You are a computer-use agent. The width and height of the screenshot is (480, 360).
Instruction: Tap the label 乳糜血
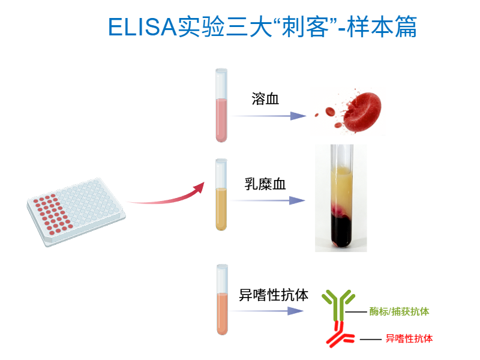[265, 184]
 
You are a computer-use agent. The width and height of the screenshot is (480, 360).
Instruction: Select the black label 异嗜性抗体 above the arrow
[274, 295]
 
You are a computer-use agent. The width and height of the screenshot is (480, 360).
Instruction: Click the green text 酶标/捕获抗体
[399, 311]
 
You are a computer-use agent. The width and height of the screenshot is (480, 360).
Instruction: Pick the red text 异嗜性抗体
[409, 338]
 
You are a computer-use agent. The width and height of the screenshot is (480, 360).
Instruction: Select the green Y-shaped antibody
[338, 304]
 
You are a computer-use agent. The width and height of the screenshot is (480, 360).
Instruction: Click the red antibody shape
[338, 334]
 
